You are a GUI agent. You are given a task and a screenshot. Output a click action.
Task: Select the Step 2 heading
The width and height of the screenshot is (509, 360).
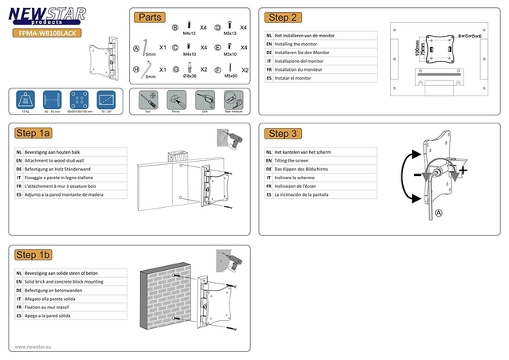(283, 17)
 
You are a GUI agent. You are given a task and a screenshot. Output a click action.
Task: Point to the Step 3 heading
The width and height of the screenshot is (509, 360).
(283, 133)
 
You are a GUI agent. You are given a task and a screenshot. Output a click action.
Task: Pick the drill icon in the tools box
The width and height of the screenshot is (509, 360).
(203, 100)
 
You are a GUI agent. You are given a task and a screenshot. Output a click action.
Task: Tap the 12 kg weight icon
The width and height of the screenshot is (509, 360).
(26, 100)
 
